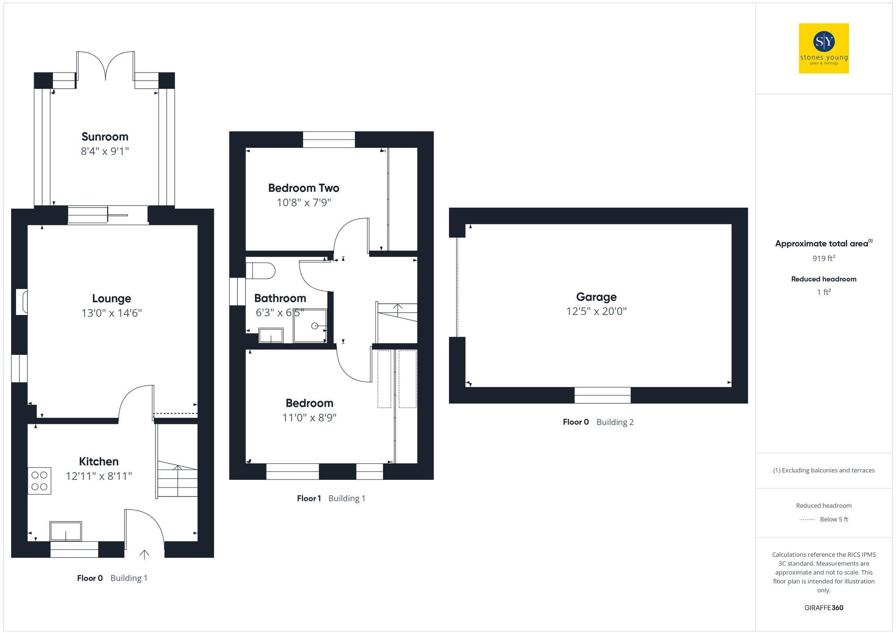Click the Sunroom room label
coord(105,137)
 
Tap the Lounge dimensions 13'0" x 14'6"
coord(112,313)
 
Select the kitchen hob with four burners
coord(39,481)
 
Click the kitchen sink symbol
coord(66,531)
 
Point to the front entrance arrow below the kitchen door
coord(144,555)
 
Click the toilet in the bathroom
coord(261,271)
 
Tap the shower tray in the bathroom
coord(310,326)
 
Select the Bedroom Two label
coord(304,188)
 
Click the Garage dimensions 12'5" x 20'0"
coord(596,311)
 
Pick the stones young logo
coord(824,48)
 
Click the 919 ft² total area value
coord(824,259)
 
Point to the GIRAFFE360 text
coord(824,608)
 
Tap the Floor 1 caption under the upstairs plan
coord(309,498)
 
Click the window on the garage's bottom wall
coord(603,395)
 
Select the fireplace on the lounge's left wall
coord(22,302)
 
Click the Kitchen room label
coord(99,461)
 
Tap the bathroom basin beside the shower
coord(271,336)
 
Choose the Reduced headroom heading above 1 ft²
coord(824,279)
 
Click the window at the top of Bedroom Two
coord(329,139)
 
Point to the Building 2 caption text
coord(615,422)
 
